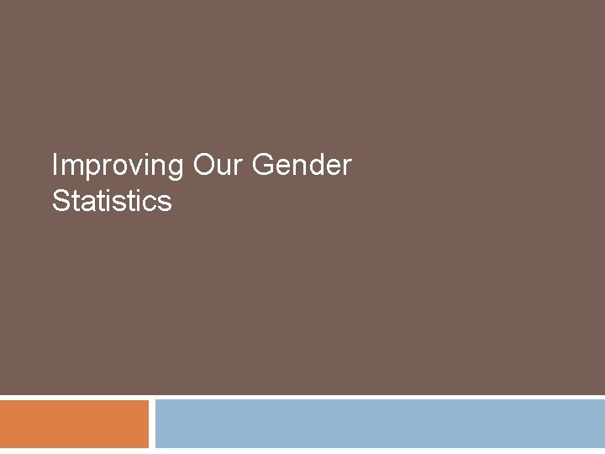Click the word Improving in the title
117,166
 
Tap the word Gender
302,166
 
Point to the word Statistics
112,201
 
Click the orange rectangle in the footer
74,424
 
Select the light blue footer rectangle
380,424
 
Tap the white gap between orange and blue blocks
152,424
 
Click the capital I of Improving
55,166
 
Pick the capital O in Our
204,166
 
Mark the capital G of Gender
264,166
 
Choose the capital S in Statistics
60,201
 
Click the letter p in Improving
87,168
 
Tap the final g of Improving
174,169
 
